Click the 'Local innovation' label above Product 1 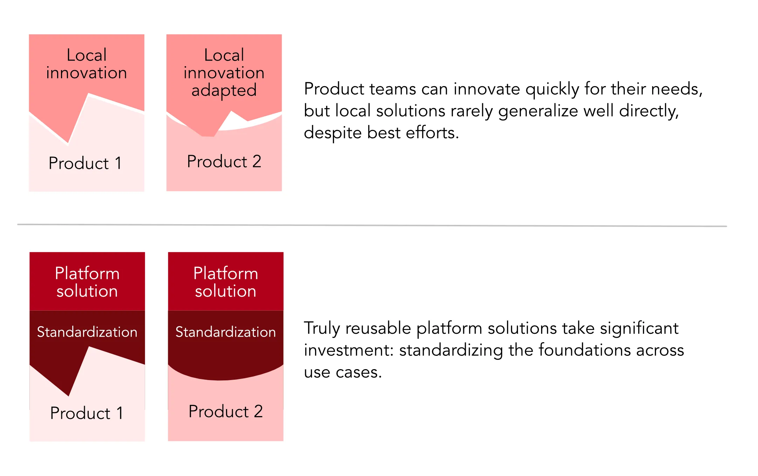coord(87,64)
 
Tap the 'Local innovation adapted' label coord(224,73)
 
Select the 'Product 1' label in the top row coord(85,163)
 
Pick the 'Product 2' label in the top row coord(224,161)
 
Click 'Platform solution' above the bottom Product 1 coord(87,282)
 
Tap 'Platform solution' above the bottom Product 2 coord(226,282)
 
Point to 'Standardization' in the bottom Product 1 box coord(87,332)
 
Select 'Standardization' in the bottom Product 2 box coord(226,332)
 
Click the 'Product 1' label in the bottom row coord(87,413)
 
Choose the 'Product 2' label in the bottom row coord(226,411)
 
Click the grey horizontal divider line coord(372,225)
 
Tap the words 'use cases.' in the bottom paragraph coord(343,372)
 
